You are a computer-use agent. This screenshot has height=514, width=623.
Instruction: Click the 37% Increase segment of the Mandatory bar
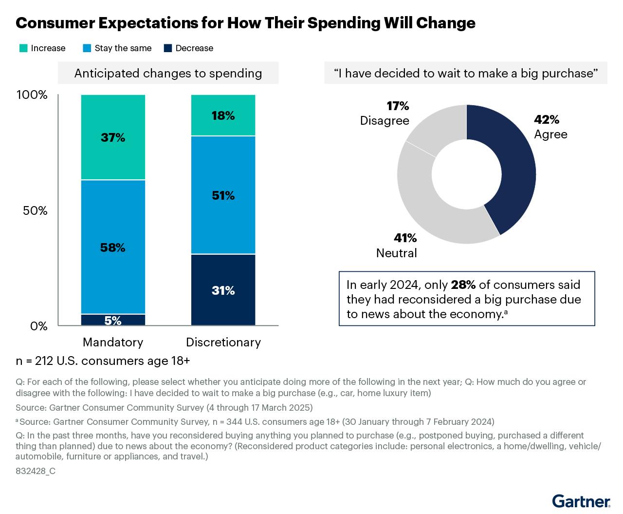113,137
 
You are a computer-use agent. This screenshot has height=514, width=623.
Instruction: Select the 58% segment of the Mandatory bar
113,247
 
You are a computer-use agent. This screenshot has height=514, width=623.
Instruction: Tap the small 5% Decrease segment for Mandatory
113,320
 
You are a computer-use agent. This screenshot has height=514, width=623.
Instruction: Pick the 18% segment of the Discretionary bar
223,115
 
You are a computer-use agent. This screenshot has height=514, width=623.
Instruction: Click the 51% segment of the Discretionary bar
223,195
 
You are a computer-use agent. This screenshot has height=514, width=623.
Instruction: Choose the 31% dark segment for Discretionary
223,290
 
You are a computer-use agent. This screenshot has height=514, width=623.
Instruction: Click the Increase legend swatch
23,48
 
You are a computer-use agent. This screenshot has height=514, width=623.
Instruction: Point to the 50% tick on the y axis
36,211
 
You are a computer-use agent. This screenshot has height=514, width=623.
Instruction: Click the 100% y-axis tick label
32,95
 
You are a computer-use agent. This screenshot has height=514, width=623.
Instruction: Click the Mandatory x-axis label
113,342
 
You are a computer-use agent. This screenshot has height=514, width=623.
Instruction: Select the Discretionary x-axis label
223,342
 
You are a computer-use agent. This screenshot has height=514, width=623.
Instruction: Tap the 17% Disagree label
385,114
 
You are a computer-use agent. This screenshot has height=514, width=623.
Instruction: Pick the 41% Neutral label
397,246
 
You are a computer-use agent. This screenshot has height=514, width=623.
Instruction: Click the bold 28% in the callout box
463,285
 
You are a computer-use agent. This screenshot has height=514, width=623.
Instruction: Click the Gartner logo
581,501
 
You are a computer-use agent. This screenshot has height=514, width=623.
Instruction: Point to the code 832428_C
36,471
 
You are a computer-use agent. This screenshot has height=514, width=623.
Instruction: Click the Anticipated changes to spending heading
168,74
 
